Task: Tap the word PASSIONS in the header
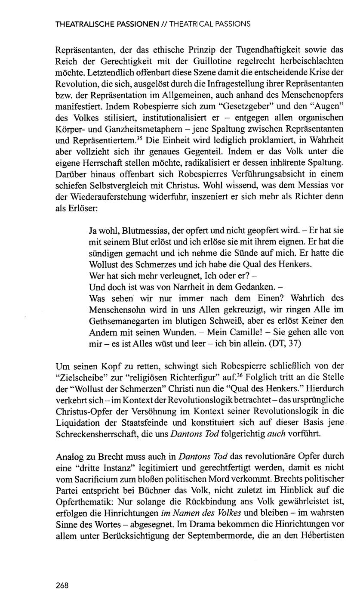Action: (x=234, y=25)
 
